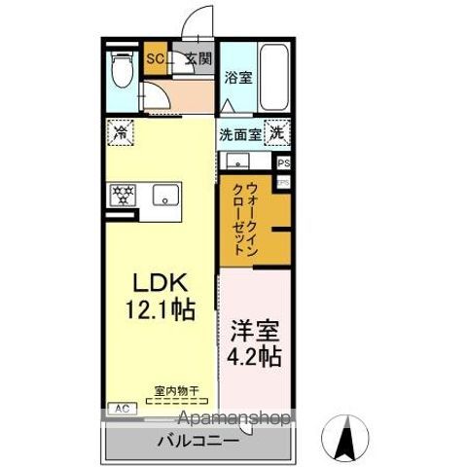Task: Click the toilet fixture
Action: [x=121, y=71]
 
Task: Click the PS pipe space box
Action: [x=283, y=164]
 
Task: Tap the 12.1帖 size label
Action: [x=160, y=310]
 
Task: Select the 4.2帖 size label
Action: [x=254, y=356]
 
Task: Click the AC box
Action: [x=122, y=409]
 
